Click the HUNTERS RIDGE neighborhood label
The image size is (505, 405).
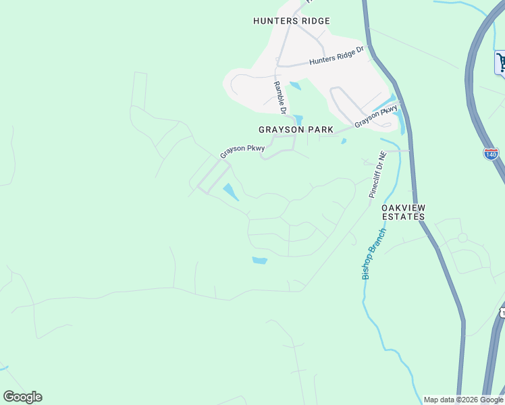[x=292, y=21]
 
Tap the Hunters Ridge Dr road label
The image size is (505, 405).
[x=336, y=55]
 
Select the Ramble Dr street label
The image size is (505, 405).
[x=280, y=97]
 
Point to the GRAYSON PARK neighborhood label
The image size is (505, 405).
[x=292, y=129]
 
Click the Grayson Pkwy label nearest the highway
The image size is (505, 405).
[x=375, y=116]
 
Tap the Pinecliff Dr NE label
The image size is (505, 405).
[x=377, y=174]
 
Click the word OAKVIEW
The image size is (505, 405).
[x=403, y=207]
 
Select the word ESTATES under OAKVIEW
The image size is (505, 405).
[x=403, y=217]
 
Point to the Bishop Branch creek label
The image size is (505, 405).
[x=373, y=254]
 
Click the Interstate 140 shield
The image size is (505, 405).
[x=491, y=154]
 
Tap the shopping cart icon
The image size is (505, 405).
[x=501, y=63]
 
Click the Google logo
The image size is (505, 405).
[x=22, y=397]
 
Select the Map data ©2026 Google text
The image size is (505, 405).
[x=464, y=400]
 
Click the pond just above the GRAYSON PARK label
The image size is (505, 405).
[x=298, y=119]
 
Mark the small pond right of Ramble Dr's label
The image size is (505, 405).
[x=295, y=86]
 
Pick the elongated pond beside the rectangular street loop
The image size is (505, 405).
[x=230, y=192]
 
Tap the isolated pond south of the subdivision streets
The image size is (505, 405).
[x=259, y=260]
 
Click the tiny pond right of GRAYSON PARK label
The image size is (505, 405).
[x=344, y=141]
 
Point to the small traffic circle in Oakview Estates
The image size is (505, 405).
[x=462, y=238]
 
